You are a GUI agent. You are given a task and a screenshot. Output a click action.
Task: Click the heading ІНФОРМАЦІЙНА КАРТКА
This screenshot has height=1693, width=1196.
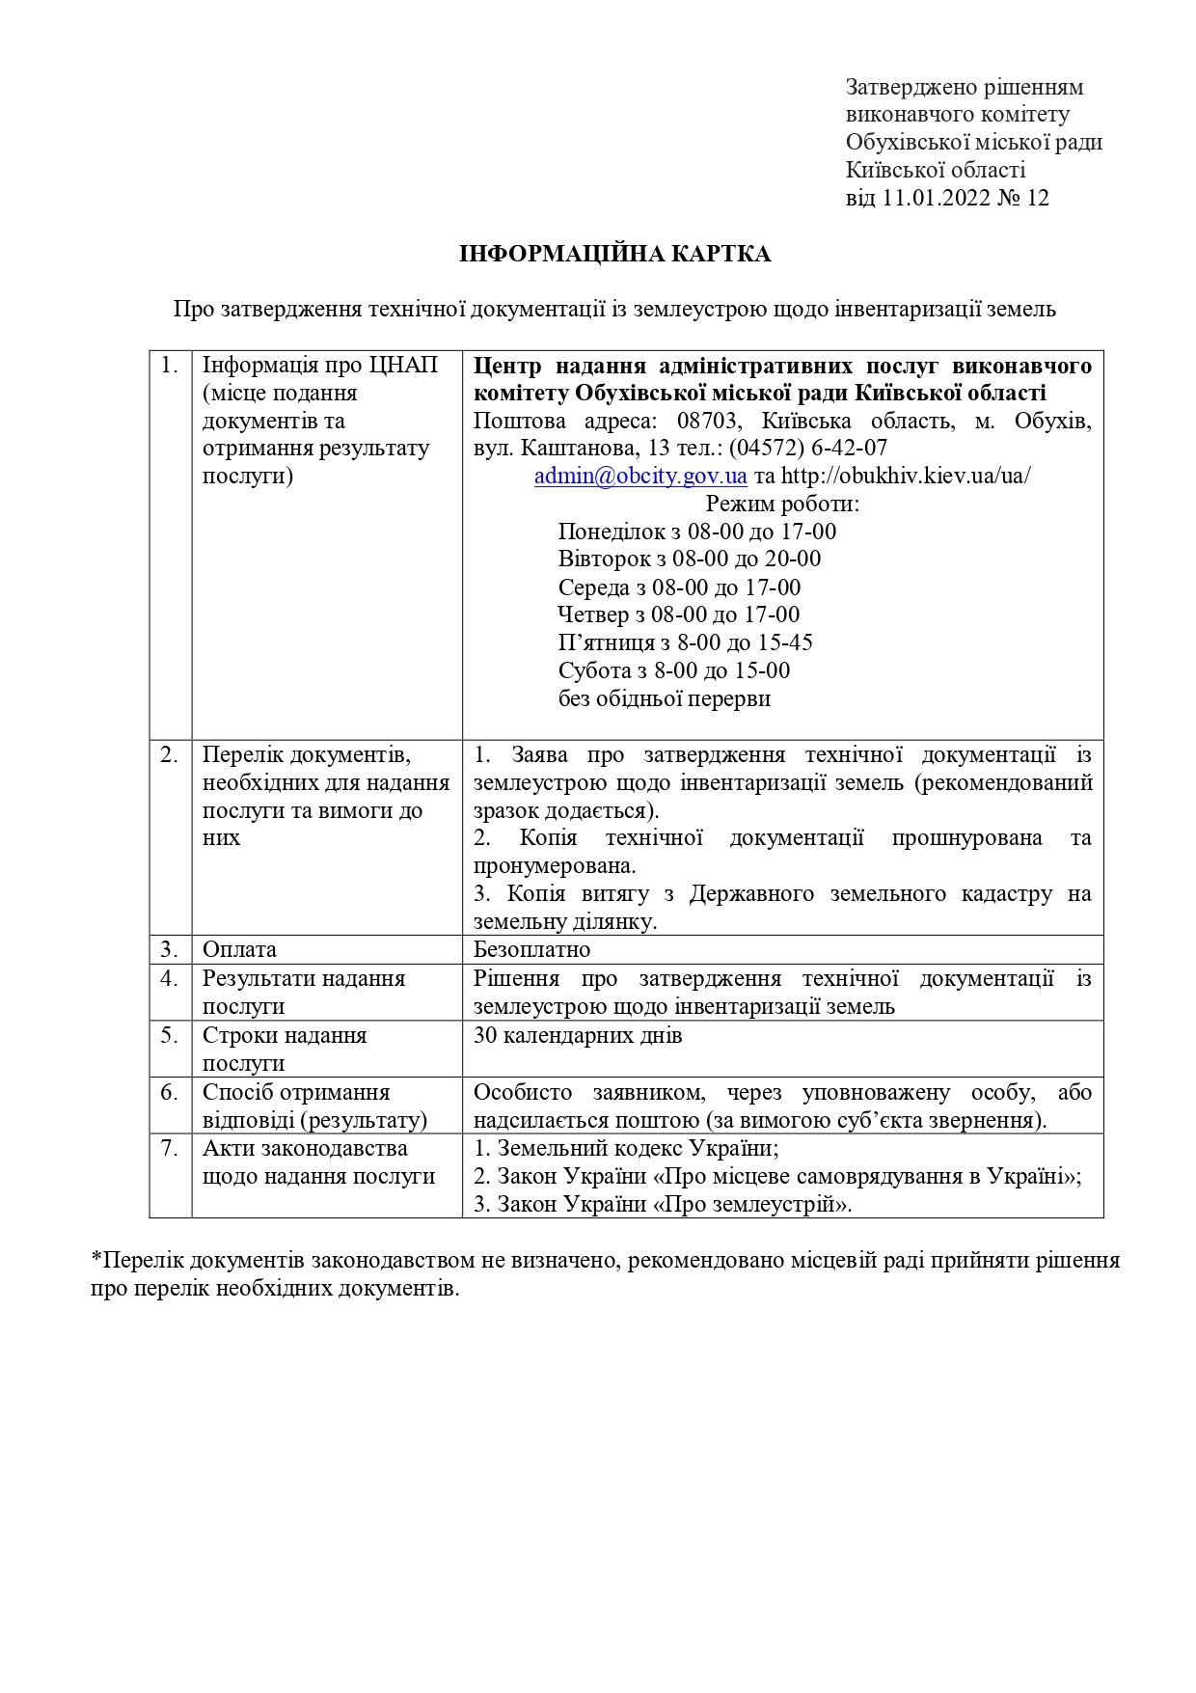click(614, 254)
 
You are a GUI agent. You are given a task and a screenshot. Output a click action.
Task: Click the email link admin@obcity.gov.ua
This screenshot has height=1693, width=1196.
click(640, 476)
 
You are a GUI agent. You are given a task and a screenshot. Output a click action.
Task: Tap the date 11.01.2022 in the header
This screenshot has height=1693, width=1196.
click(938, 199)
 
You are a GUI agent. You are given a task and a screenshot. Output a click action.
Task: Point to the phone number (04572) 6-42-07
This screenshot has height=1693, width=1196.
click(807, 448)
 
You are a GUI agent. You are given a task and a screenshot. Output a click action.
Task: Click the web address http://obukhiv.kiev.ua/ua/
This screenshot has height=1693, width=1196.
click(906, 476)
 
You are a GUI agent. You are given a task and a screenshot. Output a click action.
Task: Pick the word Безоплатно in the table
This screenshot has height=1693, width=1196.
click(531, 949)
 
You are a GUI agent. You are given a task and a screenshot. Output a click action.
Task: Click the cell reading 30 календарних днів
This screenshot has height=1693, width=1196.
click(578, 1035)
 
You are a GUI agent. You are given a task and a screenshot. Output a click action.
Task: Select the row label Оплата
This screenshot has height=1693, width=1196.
click(239, 949)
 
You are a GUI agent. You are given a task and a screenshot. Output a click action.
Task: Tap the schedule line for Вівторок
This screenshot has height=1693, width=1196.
click(690, 559)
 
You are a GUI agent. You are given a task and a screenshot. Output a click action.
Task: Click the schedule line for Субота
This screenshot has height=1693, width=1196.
click(674, 670)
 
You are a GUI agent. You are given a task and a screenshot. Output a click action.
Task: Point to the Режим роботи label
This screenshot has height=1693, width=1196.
click(782, 504)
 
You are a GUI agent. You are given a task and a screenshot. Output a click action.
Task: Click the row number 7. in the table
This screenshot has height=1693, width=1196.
click(170, 1148)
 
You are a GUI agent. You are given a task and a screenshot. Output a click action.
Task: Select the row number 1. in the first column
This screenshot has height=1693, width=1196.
click(170, 366)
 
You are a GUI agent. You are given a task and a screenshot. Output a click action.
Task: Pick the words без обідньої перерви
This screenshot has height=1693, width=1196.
click(665, 698)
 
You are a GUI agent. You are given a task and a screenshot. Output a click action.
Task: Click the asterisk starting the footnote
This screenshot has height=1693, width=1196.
click(96, 1260)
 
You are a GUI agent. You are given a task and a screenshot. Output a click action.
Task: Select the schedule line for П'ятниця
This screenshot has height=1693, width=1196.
click(686, 642)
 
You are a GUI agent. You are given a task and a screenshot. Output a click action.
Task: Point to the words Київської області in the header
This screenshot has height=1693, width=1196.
click(936, 171)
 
